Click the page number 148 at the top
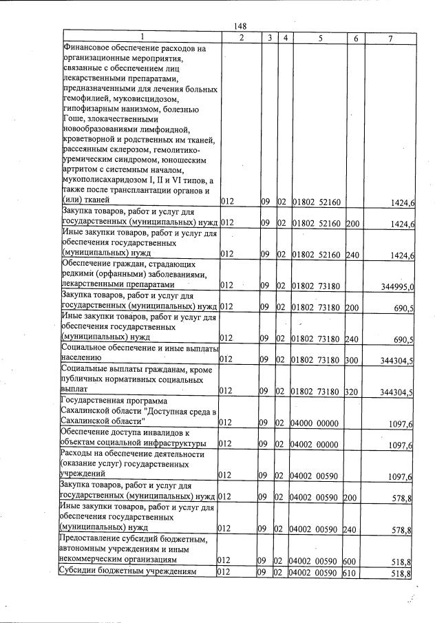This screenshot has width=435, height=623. [240, 26]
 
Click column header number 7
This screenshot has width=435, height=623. [390, 39]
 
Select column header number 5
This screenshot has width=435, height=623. [319, 39]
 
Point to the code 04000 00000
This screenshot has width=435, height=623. [315, 421]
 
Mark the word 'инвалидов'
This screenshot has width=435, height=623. [155, 432]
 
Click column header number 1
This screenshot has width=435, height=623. [141, 39]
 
